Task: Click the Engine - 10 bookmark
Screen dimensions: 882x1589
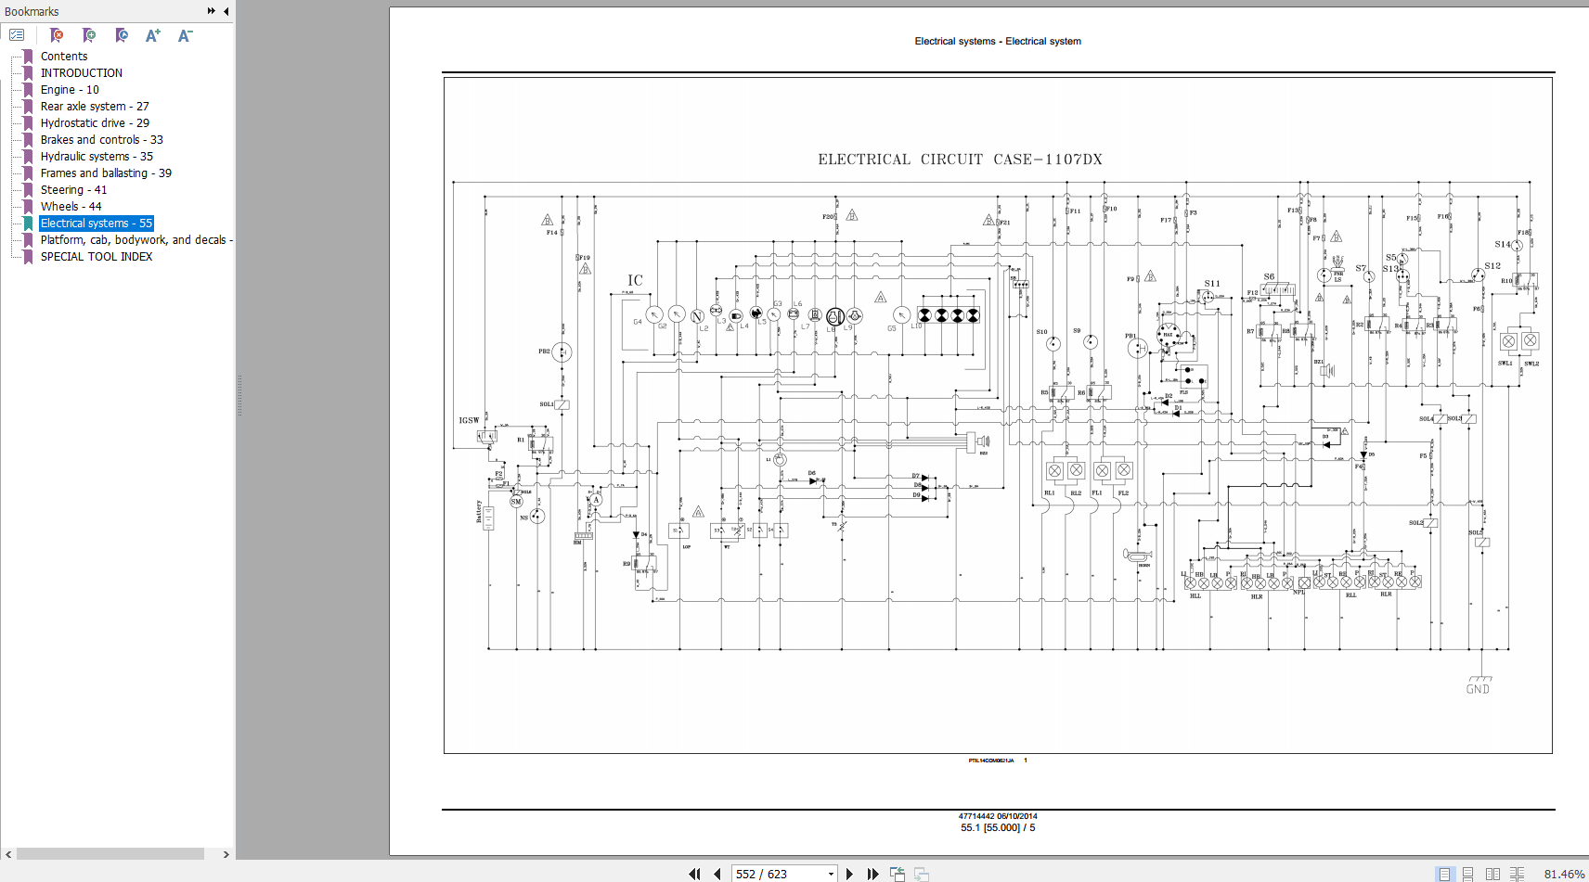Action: point(69,90)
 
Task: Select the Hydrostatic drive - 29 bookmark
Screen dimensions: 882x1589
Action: point(94,123)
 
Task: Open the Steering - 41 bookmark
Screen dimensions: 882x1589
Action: point(73,190)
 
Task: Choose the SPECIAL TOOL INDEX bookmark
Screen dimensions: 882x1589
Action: point(96,257)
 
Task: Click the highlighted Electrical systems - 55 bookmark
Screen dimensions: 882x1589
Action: point(96,224)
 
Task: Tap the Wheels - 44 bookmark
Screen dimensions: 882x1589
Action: point(71,207)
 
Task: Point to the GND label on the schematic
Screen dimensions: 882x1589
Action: point(1478,689)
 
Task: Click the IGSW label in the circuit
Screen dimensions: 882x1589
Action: point(469,420)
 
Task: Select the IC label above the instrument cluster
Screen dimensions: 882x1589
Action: point(635,280)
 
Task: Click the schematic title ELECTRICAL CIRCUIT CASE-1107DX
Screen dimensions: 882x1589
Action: point(960,160)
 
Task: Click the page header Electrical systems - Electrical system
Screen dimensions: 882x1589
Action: point(998,41)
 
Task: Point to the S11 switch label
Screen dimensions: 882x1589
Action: point(1212,284)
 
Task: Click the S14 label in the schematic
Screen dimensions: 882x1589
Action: point(1503,244)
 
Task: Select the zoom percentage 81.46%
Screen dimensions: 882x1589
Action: point(1564,874)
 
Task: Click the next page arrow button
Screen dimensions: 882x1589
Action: point(849,874)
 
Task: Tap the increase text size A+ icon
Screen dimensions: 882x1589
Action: point(153,35)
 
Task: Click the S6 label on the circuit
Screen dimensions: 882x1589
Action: point(1269,276)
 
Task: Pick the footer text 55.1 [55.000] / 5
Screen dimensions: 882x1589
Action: point(998,827)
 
